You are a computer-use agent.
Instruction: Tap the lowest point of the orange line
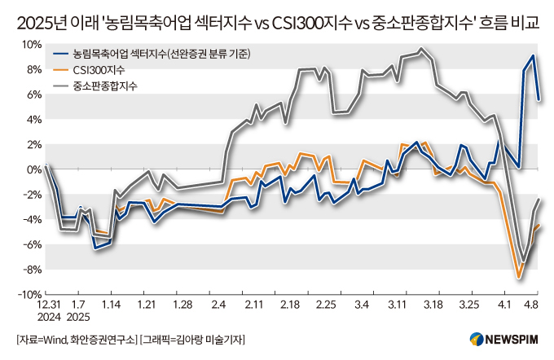pos(518,278)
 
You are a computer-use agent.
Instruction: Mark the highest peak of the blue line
pos(533,56)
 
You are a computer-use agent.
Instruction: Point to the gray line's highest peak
pos(420,50)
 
